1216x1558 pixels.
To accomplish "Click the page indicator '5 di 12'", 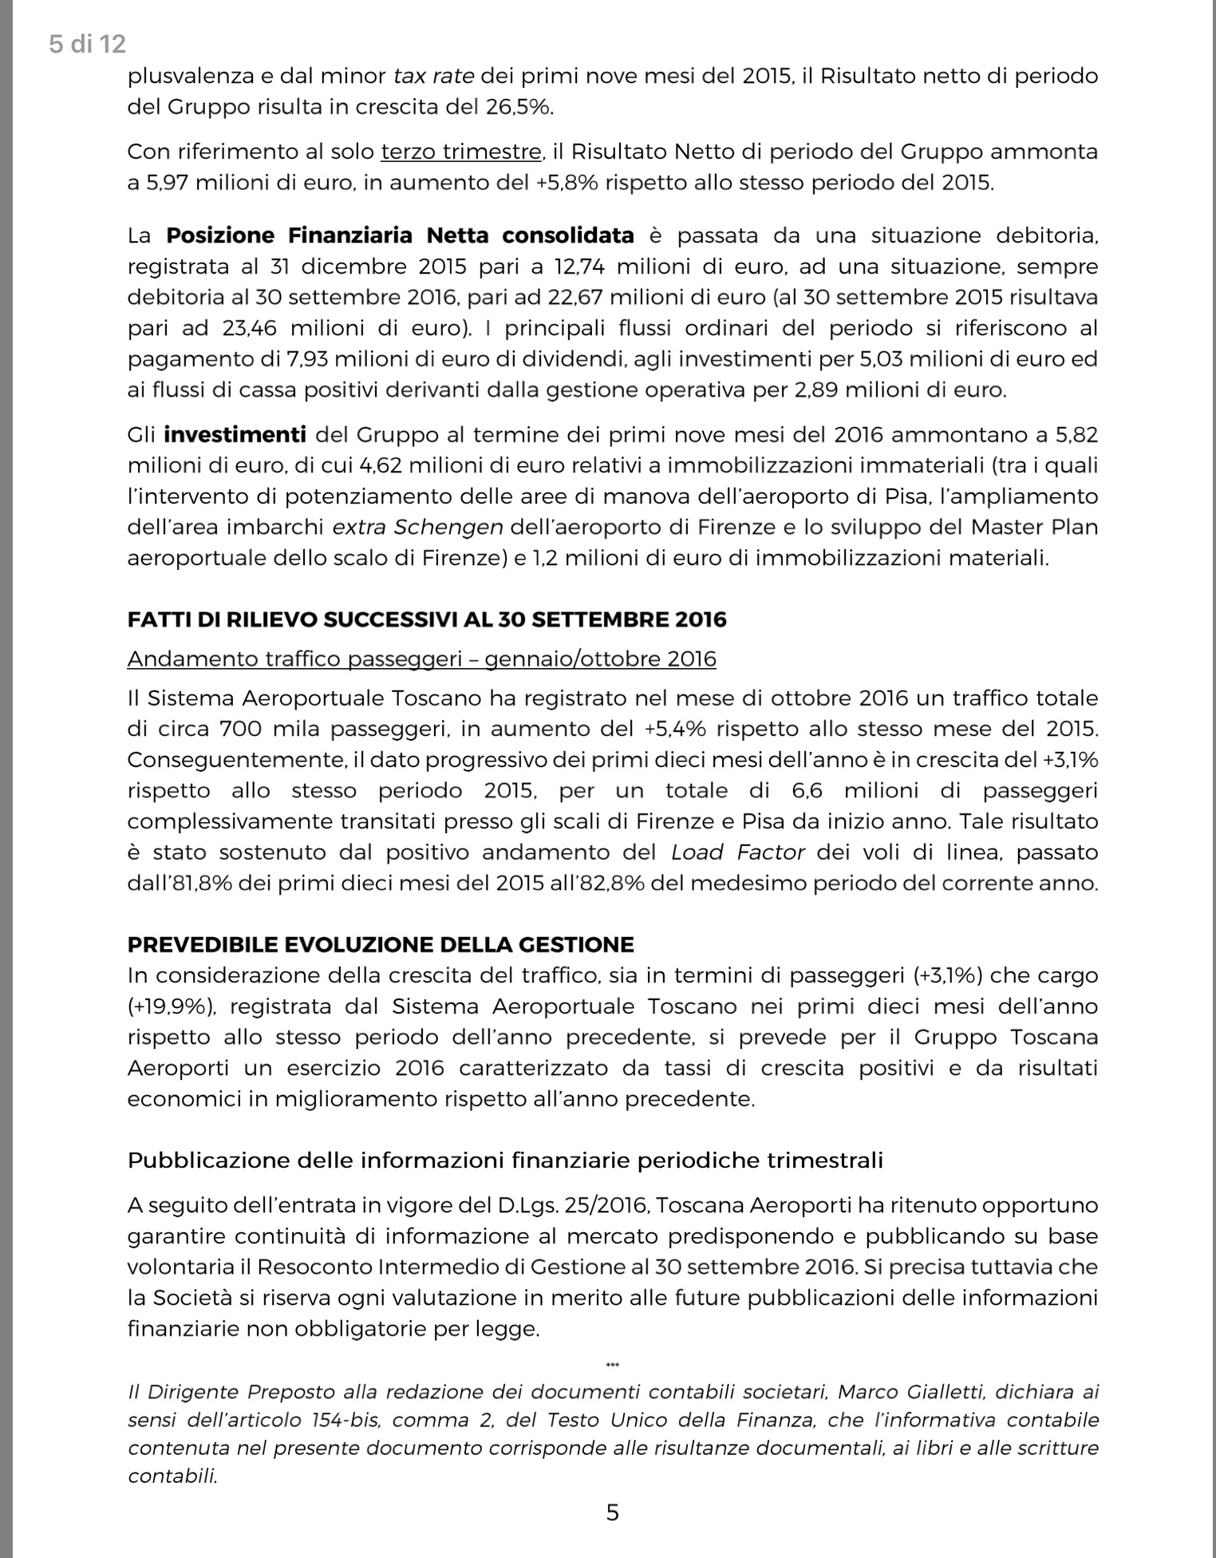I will pos(87,44).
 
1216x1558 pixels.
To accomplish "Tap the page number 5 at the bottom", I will pos(612,1512).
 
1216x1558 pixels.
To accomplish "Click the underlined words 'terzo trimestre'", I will pos(462,152).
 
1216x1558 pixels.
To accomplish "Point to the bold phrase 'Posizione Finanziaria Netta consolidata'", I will pos(400,235).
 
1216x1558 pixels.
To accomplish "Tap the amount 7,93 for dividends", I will pos(308,359).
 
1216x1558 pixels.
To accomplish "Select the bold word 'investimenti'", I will pos(235,435).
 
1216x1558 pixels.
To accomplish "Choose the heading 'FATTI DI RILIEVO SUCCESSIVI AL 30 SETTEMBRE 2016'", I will pos(427,619).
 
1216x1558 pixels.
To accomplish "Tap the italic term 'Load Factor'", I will pos(738,852).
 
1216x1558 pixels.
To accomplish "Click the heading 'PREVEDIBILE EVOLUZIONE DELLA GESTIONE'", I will pos(381,945).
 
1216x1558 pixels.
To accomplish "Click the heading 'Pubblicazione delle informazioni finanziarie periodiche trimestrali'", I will pos(505,1160).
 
